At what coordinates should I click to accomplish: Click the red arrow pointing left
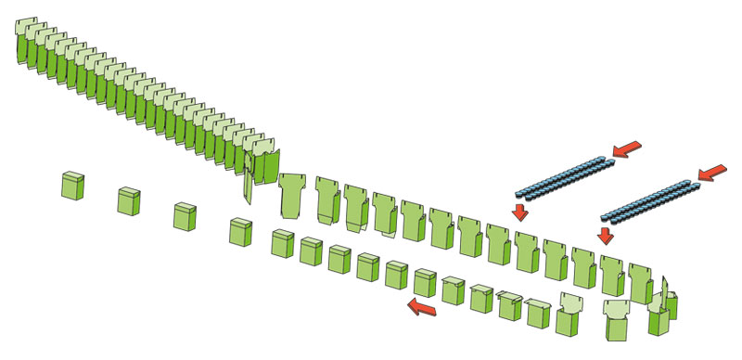coord(423,306)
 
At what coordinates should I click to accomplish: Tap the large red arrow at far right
coord(712,172)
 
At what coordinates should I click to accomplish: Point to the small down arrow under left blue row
coord(520,212)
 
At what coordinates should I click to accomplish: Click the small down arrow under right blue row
coord(606,235)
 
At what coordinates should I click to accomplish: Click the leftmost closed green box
coord(73,185)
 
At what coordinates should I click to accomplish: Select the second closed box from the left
coord(129,200)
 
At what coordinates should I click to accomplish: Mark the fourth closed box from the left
coord(242,231)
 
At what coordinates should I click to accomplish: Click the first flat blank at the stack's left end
coord(26,42)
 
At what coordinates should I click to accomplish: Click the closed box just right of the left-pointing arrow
coord(453,290)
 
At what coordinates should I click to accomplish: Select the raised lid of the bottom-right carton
coord(617,307)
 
